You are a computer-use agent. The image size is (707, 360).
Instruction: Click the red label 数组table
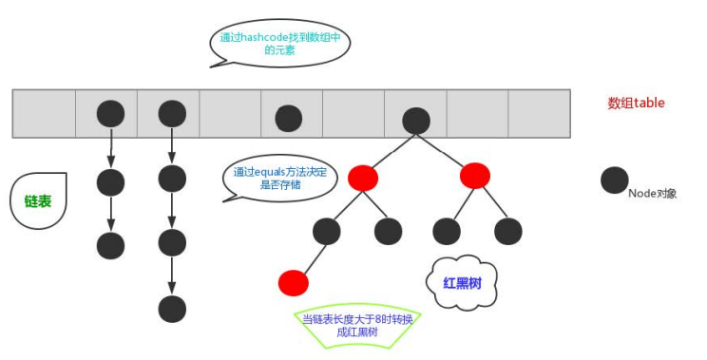637,103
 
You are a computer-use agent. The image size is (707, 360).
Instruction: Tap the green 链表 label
38,201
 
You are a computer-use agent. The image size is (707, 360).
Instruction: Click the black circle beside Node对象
615,180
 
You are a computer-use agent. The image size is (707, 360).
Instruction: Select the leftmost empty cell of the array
44,113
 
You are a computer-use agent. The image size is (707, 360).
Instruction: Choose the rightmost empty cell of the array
539,113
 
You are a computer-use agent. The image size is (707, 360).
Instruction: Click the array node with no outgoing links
288,119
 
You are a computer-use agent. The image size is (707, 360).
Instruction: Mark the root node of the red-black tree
416,120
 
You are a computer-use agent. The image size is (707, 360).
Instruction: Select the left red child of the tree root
363,178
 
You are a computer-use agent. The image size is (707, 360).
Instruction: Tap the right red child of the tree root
474,176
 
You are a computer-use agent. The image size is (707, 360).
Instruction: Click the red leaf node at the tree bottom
294,282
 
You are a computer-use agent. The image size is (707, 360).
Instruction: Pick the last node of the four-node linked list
172,309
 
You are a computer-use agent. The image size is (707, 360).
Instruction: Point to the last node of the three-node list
110,245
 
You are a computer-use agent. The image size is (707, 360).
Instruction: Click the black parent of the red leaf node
326,231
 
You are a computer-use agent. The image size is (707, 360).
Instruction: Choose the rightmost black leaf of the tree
508,231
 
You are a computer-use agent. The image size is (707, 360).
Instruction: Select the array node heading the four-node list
172,114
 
